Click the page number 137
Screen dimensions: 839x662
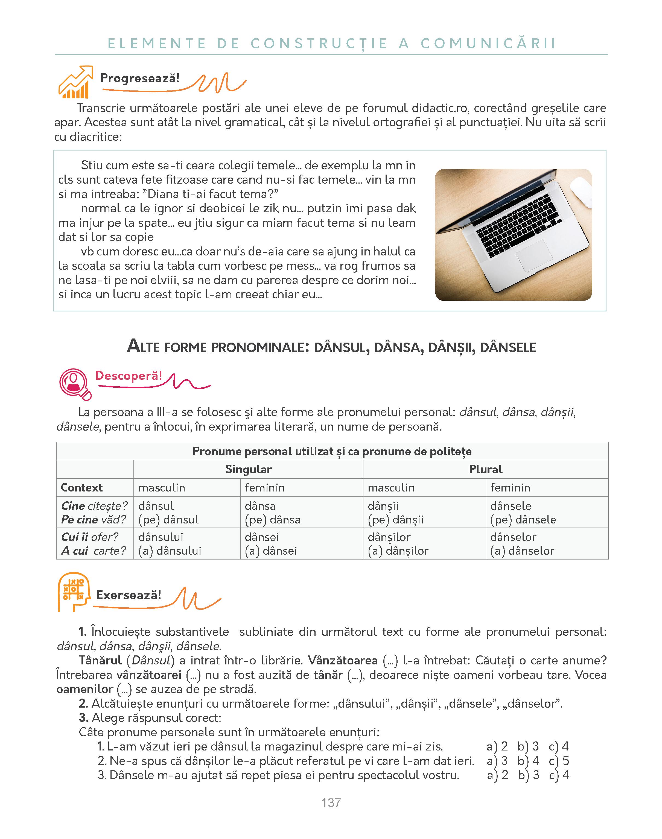click(331, 803)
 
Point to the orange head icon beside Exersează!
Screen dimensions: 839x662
click(72, 591)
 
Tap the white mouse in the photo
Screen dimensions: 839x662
click(582, 191)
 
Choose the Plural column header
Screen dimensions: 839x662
click(485, 469)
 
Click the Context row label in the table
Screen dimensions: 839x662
click(82, 487)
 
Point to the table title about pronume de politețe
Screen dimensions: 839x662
click(332, 451)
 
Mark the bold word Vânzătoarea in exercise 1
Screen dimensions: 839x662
click(343, 661)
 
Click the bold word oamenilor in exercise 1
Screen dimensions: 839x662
click(84, 689)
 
